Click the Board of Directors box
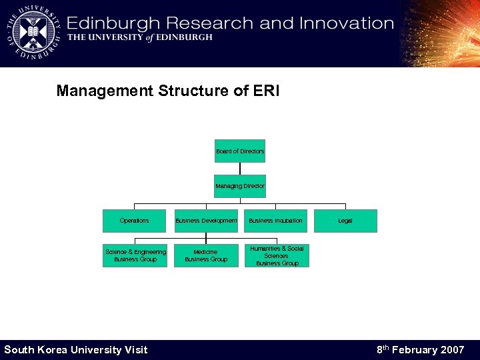(239, 151)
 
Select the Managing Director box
(239, 186)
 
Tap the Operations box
(134, 221)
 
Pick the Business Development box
(206, 221)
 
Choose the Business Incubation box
(275, 221)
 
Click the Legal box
(345, 221)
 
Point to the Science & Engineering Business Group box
(135, 255)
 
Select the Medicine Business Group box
(206, 255)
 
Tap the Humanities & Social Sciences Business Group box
(277, 255)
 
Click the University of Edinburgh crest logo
(33, 32)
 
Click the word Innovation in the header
(347, 23)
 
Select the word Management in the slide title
(105, 91)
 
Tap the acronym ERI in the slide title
(266, 91)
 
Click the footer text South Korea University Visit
(76, 349)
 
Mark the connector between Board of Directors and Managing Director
(239, 169)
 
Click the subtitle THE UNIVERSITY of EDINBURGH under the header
(140, 38)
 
